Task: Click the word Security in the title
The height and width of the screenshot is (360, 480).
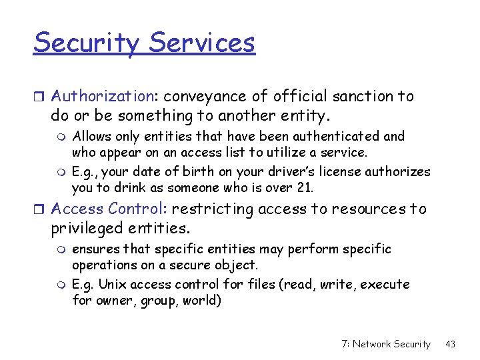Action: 87,43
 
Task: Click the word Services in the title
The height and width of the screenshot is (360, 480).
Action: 202,43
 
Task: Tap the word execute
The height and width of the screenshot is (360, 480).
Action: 385,284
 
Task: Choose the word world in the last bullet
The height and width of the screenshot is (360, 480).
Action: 201,300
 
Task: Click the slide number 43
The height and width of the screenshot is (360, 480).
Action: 450,344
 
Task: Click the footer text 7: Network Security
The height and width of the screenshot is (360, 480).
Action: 385,344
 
